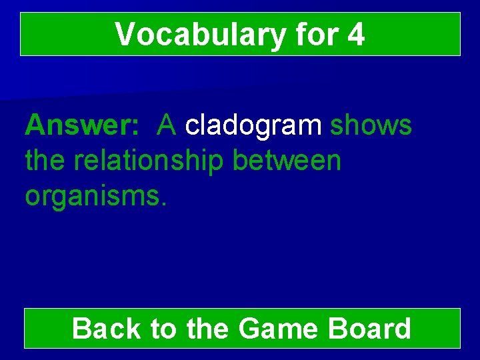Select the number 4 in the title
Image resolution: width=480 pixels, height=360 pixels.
tap(356, 35)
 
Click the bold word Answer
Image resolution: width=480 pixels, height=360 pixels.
tap(79, 125)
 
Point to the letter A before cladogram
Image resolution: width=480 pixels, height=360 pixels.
tap(167, 125)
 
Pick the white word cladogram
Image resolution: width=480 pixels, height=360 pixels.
tap(254, 125)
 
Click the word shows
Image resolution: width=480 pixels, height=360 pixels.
tap(371, 125)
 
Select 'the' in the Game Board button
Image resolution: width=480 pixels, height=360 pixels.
tap(208, 329)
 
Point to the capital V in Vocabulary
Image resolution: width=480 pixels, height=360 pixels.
tap(124, 35)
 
